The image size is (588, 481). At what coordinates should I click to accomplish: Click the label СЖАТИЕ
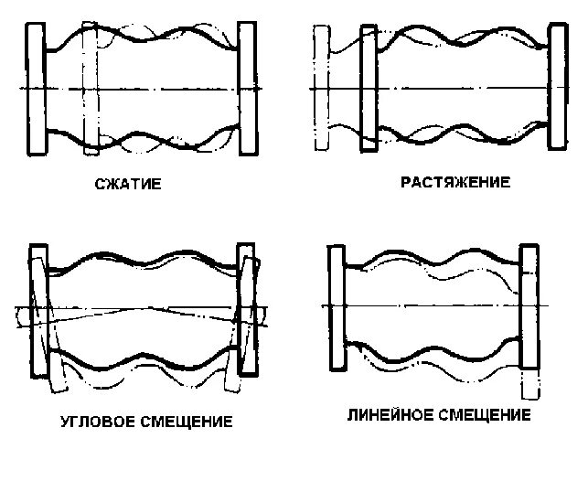click(128, 184)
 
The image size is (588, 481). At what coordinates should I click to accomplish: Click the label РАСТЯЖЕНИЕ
click(454, 182)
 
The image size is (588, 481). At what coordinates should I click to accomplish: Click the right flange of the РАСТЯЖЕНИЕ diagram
click(558, 88)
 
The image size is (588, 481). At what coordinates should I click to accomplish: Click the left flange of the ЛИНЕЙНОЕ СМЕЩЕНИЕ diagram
click(336, 306)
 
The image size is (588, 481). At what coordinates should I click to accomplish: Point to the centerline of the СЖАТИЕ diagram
click(165, 88)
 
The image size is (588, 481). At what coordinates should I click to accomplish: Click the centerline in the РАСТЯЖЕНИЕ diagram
click(457, 89)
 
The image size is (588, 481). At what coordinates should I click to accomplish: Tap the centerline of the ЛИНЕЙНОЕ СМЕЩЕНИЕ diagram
click(430, 305)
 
